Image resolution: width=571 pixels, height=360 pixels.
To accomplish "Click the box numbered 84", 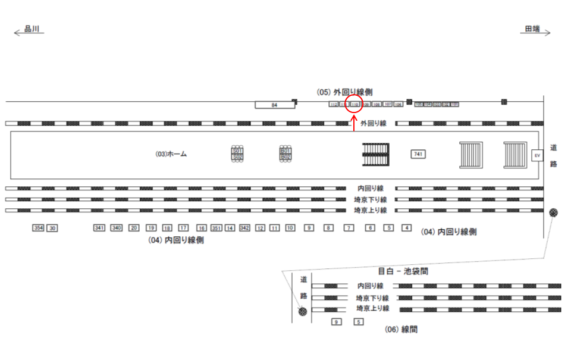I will click(275, 105).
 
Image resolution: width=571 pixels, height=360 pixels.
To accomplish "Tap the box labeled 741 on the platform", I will click(418, 154).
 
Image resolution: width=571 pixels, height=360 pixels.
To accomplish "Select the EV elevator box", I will click(537, 155).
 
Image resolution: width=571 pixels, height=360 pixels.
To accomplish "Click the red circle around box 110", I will click(354, 104).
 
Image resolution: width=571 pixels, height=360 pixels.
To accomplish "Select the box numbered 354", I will click(39, 228).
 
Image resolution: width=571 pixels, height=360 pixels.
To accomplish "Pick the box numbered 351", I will click(216, 228).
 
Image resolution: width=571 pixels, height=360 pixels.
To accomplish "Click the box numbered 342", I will click(244, 228).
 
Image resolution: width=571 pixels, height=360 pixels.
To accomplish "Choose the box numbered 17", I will click(184, 228).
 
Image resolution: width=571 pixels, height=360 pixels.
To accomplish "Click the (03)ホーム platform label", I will click(171, 154).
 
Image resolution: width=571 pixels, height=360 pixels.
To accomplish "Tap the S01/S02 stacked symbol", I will click(237, 154).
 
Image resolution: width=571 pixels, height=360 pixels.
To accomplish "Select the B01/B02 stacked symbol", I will click(285, 154).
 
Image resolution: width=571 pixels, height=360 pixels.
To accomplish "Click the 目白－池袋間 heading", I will click(403, 271).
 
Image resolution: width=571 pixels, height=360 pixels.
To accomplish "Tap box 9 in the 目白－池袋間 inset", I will click(337, 322).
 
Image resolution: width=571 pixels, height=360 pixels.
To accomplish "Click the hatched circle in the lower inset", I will click(303, 311).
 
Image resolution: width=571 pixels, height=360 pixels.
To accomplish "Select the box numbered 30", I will click(52, 228).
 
